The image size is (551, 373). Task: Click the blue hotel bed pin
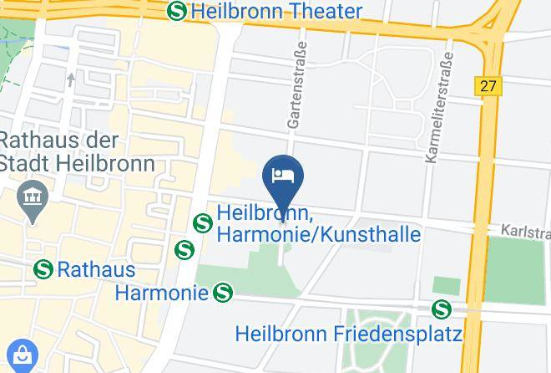(283, 176)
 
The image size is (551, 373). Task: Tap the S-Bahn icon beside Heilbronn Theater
(176, 12)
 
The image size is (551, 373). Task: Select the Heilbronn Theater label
(276, 12)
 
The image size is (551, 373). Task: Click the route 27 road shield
(488, 85)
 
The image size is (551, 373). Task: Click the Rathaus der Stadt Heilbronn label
(77, 151)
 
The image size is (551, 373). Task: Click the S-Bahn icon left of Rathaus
(43, 270)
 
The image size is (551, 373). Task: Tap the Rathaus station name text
(96, 270)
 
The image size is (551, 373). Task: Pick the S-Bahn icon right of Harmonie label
(222, 293)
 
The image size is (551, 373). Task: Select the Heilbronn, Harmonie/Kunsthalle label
(318, 224)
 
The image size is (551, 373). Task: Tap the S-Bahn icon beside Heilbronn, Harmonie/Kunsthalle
(201, 223)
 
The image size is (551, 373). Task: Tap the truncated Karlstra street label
(525, 230)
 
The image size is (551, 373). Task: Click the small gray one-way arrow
(72, 80)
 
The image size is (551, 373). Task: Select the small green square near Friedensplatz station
(447, 286)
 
